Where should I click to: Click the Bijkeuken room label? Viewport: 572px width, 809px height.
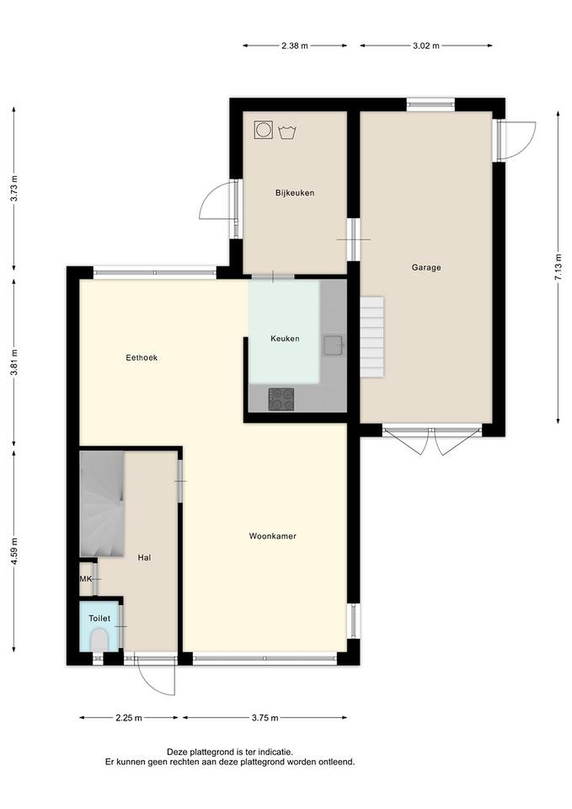coord(295,193)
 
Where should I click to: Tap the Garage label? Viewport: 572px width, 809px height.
coord(426,267)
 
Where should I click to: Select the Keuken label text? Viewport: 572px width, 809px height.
coord(285,338)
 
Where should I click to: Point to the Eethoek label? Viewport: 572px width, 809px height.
coord(142,358)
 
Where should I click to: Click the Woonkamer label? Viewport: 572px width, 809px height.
coord(273,536)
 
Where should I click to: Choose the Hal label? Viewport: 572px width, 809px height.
coord(144,557)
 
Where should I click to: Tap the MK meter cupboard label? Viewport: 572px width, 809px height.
coord(86,579)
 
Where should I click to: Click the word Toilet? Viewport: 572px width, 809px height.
coord(99,618)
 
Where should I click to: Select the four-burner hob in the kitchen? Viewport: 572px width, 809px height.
coord(281,399)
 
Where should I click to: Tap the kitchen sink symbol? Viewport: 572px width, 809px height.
coord(333,346)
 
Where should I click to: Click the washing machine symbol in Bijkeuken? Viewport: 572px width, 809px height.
coord(263,130)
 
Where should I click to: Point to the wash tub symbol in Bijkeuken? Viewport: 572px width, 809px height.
coord(287,132)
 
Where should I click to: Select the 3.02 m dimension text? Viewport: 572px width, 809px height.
coord(426,46)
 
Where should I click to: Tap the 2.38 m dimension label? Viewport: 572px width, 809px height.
coord(295,46)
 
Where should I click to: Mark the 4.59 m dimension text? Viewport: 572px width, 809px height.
coord(14,551)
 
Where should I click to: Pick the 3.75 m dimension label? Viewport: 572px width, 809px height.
coord(265,718)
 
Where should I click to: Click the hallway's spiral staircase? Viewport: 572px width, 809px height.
coord(102,504)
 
